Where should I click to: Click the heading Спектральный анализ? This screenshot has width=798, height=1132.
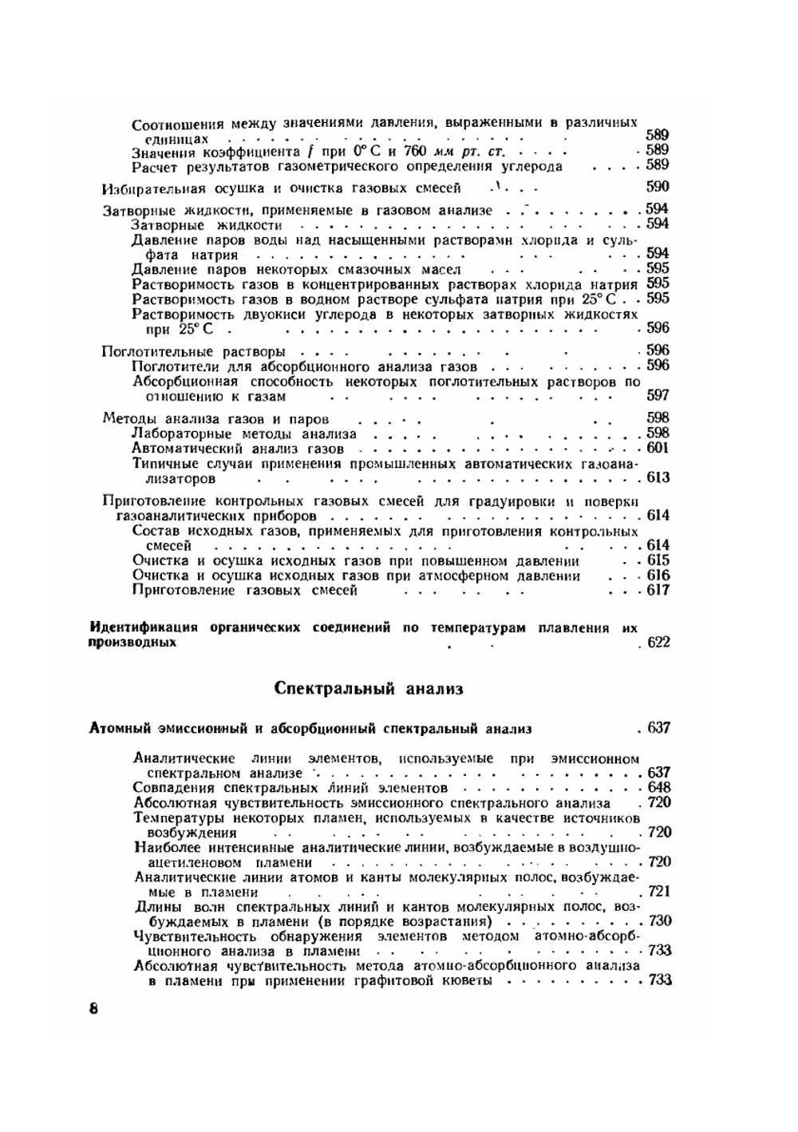click(x=368, y=688)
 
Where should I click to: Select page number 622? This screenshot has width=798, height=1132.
click(x=659, y=643)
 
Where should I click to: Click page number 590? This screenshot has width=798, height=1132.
click(x=658, y=188)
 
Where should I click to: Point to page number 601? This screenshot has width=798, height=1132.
click(x=658, y=449)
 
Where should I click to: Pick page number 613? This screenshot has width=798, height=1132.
click(x=659, y=478)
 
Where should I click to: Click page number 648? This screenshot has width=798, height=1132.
click(x=660, y=788)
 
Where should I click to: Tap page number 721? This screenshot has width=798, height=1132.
click(x=660, y=892)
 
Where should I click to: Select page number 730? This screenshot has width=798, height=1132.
click(x=660, y=921)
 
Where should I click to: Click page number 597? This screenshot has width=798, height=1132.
click(x=658, y=395)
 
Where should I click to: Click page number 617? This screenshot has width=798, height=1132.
click(x=659, y=591)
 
